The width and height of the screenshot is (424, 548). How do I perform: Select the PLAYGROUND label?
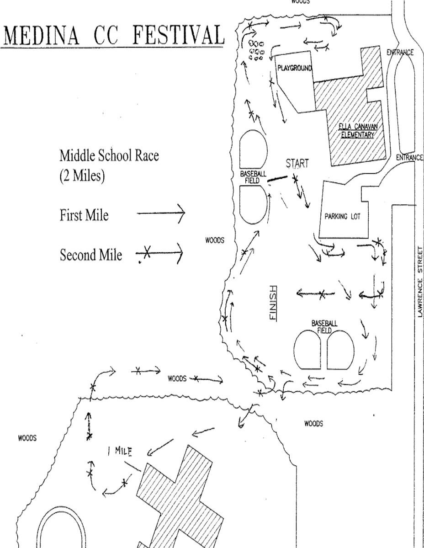294,68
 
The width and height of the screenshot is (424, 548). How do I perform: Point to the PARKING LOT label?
342,217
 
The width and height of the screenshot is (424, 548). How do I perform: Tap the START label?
297,164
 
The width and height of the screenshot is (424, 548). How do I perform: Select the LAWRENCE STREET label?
420,282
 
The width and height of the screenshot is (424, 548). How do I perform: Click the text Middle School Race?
109,155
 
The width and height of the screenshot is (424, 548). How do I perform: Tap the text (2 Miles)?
82,176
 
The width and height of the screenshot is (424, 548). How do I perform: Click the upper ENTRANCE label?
400,53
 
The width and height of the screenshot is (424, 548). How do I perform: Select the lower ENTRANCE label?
410,158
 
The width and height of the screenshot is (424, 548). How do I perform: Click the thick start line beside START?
278,179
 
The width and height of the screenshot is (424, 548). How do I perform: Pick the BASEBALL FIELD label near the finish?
324,327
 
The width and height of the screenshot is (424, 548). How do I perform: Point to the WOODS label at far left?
27,438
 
